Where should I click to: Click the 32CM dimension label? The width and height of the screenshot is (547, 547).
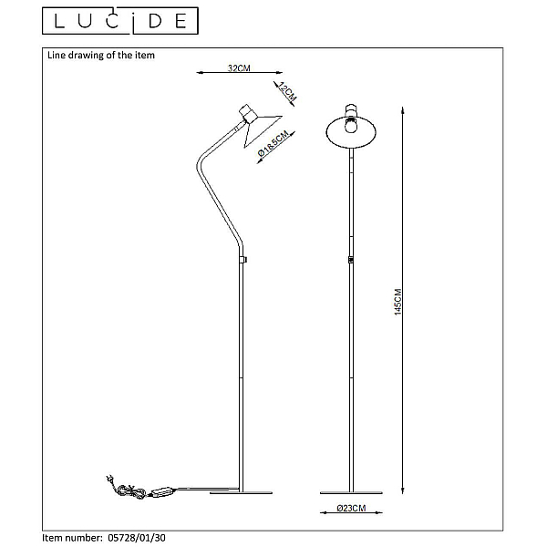click(x=239, y=67)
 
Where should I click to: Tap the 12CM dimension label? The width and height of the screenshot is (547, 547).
click(x=287, y=92)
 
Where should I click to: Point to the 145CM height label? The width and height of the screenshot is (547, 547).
click(x=398, y=302)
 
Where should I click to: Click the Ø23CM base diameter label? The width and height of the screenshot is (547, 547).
click(x=351, y=509)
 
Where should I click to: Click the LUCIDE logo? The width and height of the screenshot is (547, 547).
click(x=120, y=21)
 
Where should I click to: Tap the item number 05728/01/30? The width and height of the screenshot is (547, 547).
click(x=137, y=538)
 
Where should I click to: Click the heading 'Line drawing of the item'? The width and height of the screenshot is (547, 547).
click(x=101, y=55)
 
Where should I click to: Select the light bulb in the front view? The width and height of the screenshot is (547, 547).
click(x=352, y=125)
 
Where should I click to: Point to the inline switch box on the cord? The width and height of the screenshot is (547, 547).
click(x=162, y=492)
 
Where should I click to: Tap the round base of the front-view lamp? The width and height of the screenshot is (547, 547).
click(x=351, y=492)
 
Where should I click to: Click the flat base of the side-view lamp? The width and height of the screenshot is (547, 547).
click(x=241, y=492)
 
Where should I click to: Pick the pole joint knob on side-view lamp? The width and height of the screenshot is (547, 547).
click(x=243, y=260)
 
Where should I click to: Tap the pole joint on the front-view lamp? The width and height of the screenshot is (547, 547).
click(x=351, y=260)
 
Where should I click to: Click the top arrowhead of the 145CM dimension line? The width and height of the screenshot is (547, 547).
click(x=403, y=110)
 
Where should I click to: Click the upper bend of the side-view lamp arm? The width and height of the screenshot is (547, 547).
click(x=200, y=163)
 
